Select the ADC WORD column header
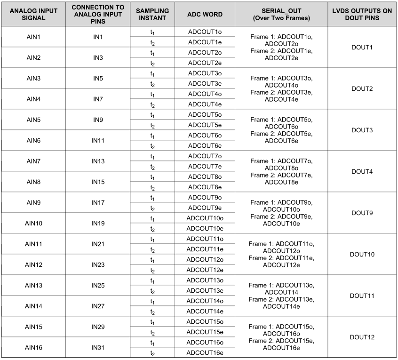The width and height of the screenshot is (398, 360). point(205,14)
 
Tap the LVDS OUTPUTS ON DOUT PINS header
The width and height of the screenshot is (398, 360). point(362,14)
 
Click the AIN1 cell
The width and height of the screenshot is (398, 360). point(33,37)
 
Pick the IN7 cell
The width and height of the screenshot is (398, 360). point(98,99)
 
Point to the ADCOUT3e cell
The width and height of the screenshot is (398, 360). point(205,83)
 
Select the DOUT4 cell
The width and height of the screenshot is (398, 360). point(362,171)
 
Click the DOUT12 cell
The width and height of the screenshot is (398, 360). point(362,337)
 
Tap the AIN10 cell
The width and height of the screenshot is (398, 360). point(33,223)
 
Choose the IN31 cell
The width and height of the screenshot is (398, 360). point(98,347)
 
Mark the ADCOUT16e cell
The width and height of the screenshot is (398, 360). point(205,352)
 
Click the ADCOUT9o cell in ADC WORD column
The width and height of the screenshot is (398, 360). point(205,197)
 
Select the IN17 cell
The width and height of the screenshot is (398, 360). point(98,202)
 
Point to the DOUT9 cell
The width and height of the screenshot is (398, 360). point(362,213)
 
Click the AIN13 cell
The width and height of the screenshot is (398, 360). point(33,285)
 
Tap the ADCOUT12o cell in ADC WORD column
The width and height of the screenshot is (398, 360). point(205,259)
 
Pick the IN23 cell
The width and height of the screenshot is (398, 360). point(98,264)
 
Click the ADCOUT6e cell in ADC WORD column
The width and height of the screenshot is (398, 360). point(205,145)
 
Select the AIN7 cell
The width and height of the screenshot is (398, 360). point(33,161)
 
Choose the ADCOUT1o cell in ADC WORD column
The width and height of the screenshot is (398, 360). point(205,32)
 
